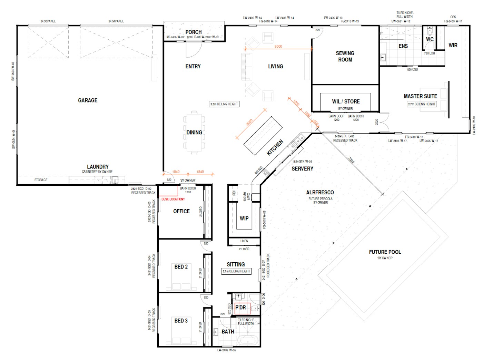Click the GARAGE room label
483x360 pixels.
point(88,100)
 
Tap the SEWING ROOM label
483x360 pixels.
point(345,56)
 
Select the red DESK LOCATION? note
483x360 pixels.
point(173,199)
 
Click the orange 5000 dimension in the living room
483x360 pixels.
point(278,46)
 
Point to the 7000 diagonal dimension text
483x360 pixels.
point(351,160)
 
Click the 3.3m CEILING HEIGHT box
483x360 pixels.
point(224,104)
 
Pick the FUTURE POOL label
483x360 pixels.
point(385,252)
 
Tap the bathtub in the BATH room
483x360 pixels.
point(247,341)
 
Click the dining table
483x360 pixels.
point(194,132)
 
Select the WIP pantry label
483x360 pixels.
point(244,218)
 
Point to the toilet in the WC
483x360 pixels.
point(430,32)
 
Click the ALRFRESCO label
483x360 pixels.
point(320,193)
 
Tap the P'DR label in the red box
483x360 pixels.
point(240,308)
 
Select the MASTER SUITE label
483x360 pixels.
point(420,96)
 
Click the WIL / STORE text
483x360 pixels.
point(346,101)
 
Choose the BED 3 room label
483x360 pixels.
point(181,321)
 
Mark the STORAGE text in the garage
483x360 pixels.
point(41,180)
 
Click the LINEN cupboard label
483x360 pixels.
point(244,241)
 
